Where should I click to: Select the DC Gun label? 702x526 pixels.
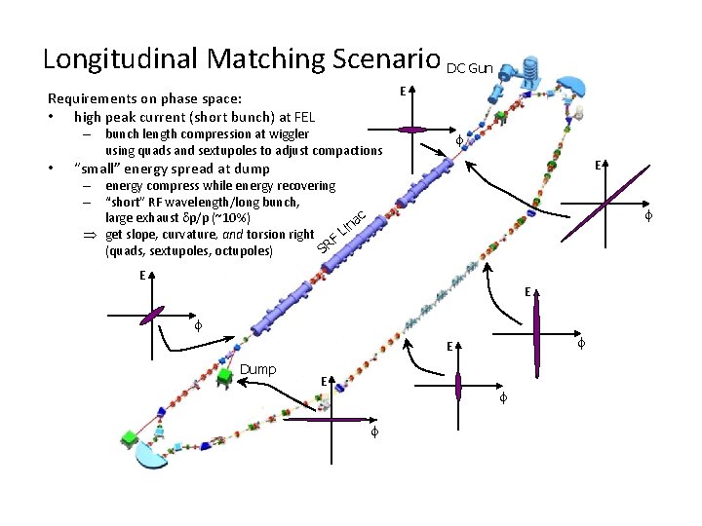coord(470,68)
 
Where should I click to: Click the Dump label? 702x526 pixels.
coord(257,369)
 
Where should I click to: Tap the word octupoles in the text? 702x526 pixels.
coord(246,251)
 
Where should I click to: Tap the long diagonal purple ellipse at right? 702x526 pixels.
coord(605,203)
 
